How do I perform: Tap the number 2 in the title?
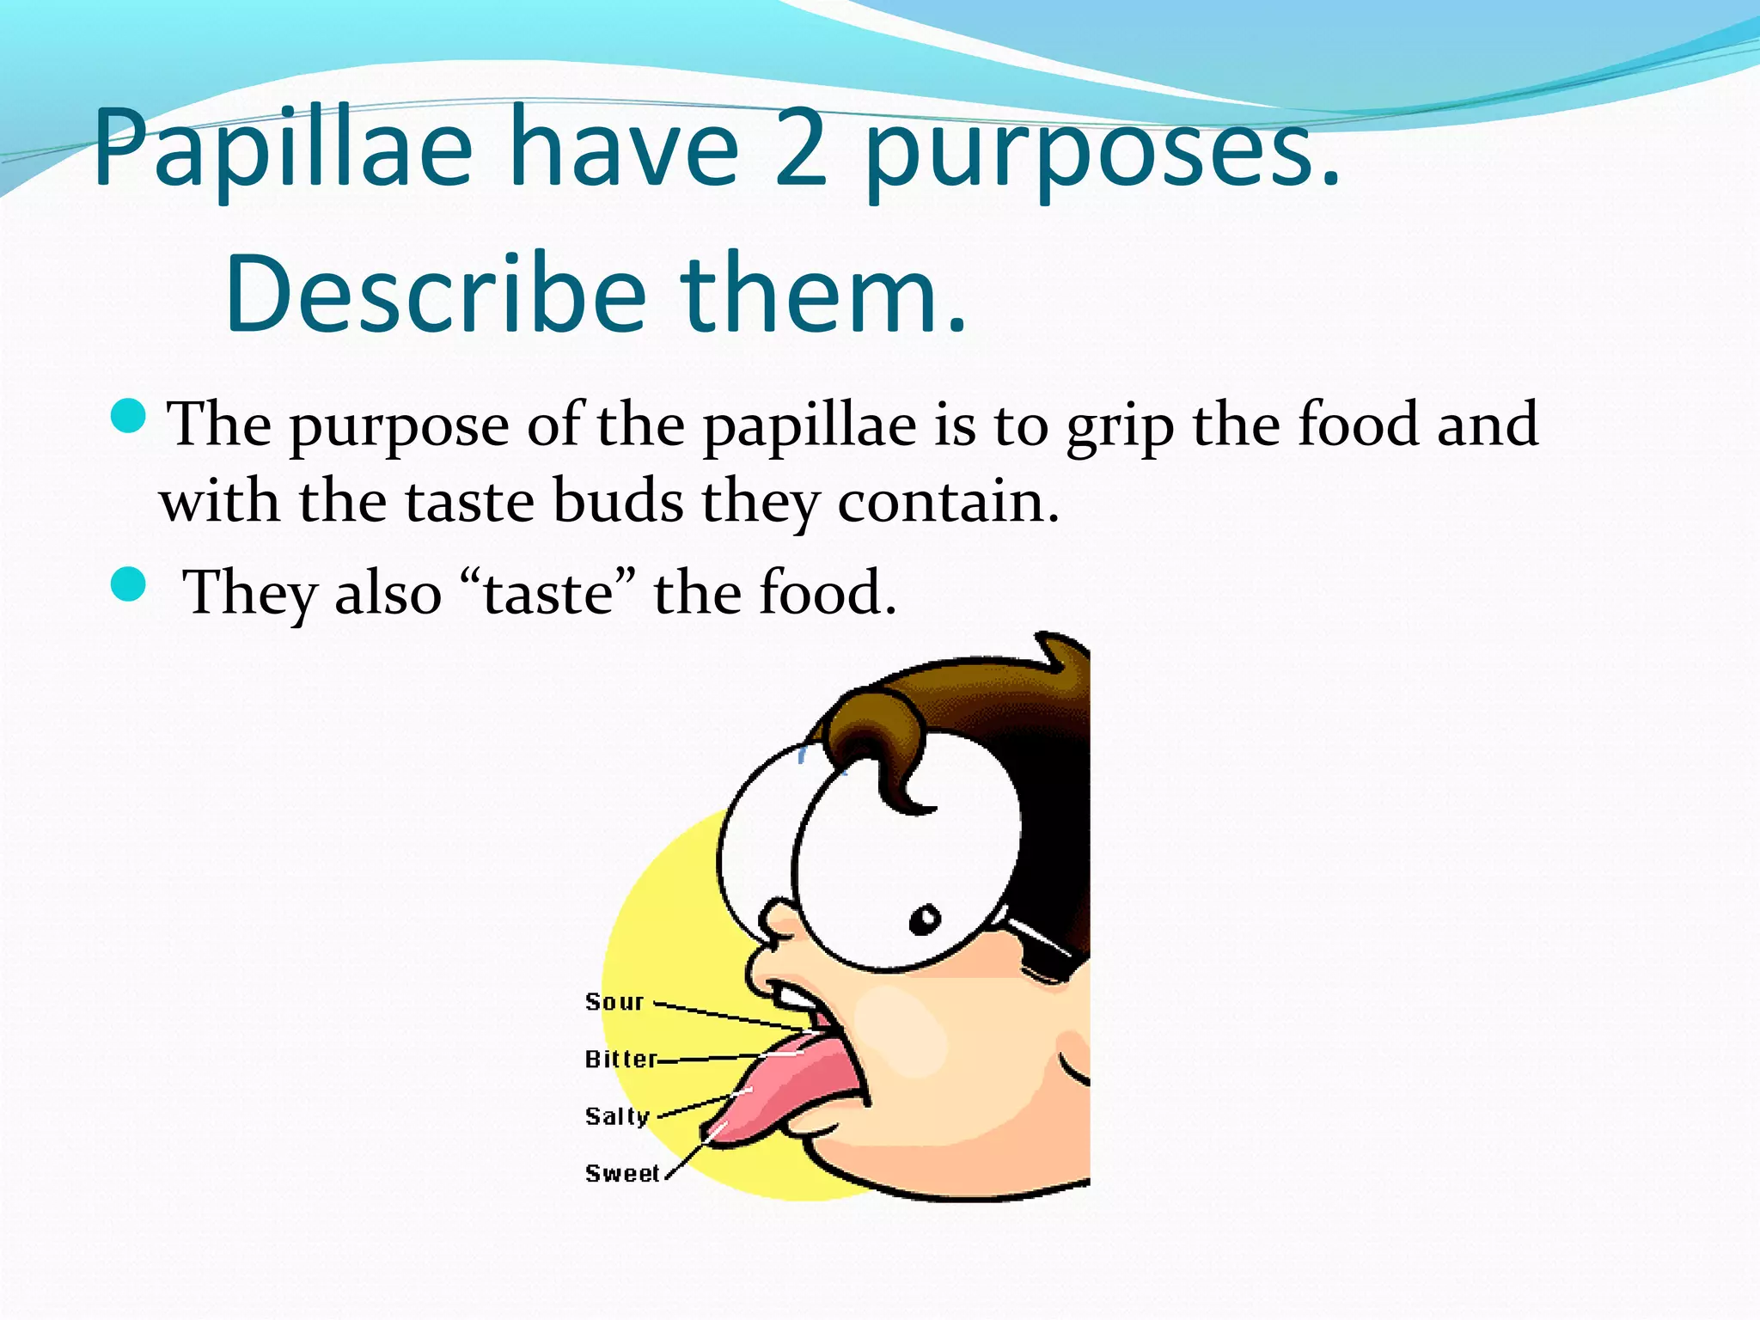(801, 148)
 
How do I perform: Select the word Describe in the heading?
(435, 294)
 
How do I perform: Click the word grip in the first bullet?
(1120, 426)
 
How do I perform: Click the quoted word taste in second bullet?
(548, 593)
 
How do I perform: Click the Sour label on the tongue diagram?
(614, 1002)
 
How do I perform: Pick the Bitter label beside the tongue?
(621, 1059)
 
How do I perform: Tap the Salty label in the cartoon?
(617, 1116)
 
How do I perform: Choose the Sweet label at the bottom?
(622, 1173)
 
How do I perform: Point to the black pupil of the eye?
(926, 920)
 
